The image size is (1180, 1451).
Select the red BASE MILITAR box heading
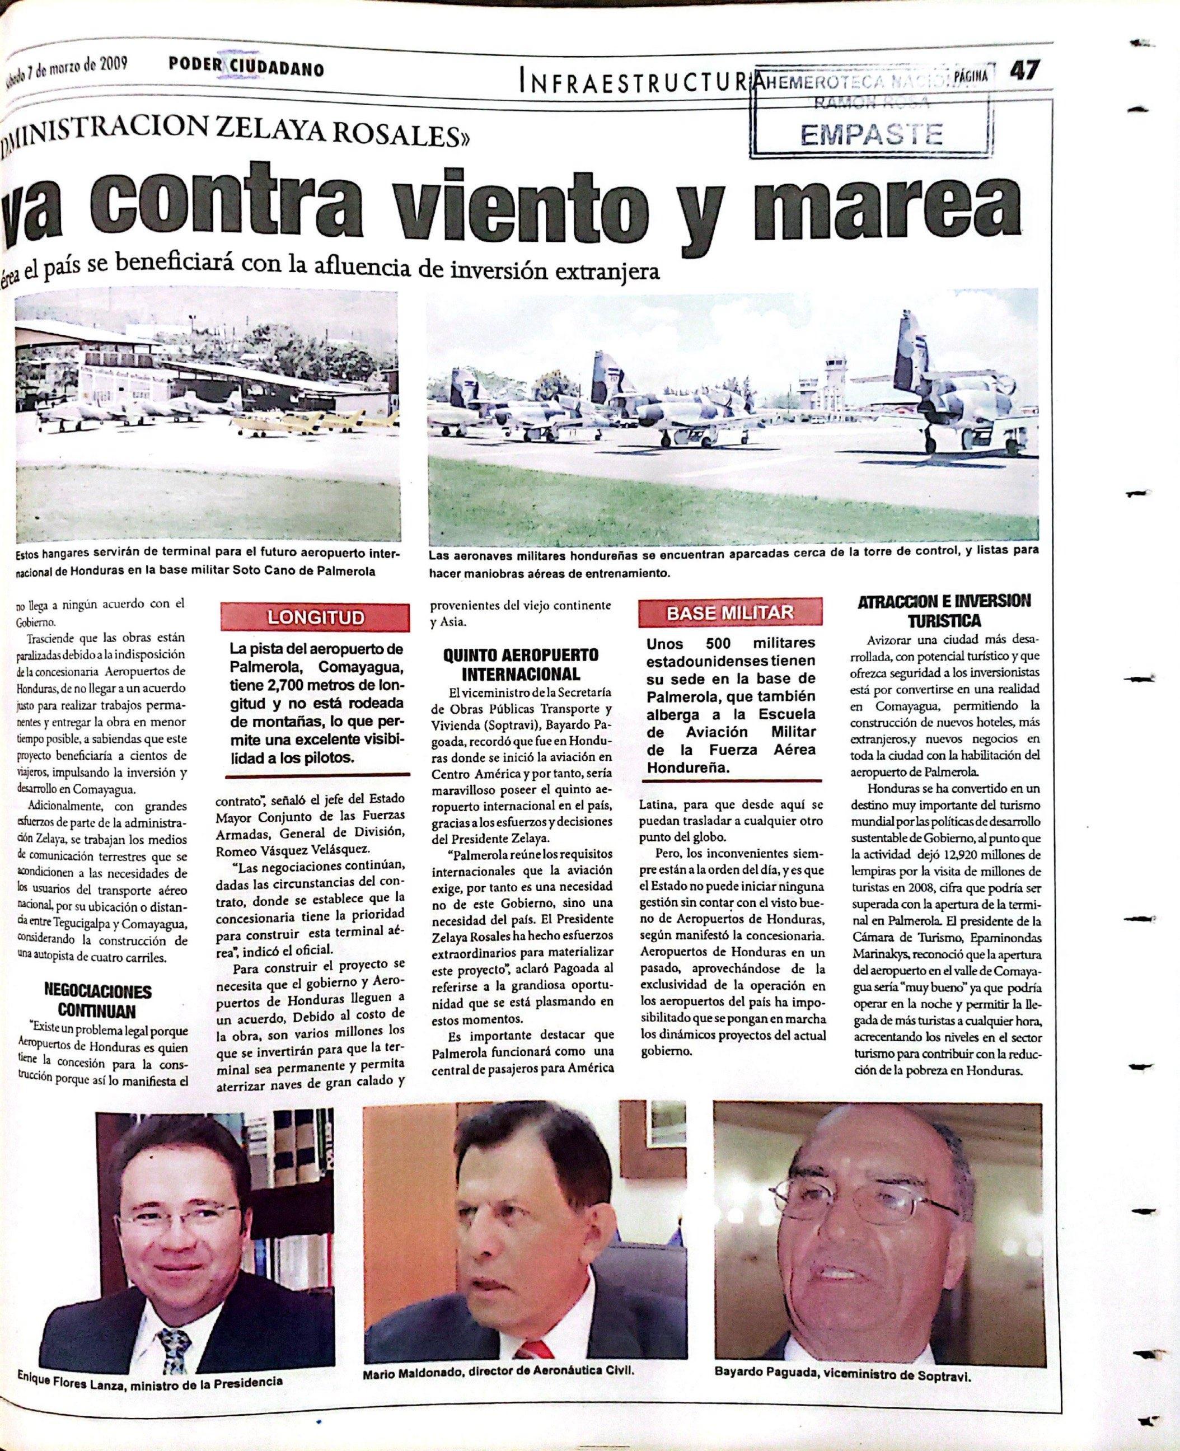click(x=729, y=612)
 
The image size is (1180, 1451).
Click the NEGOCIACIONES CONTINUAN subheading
click(x=97, y=1000)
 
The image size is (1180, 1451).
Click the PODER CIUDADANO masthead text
click(x=246, y=69)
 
